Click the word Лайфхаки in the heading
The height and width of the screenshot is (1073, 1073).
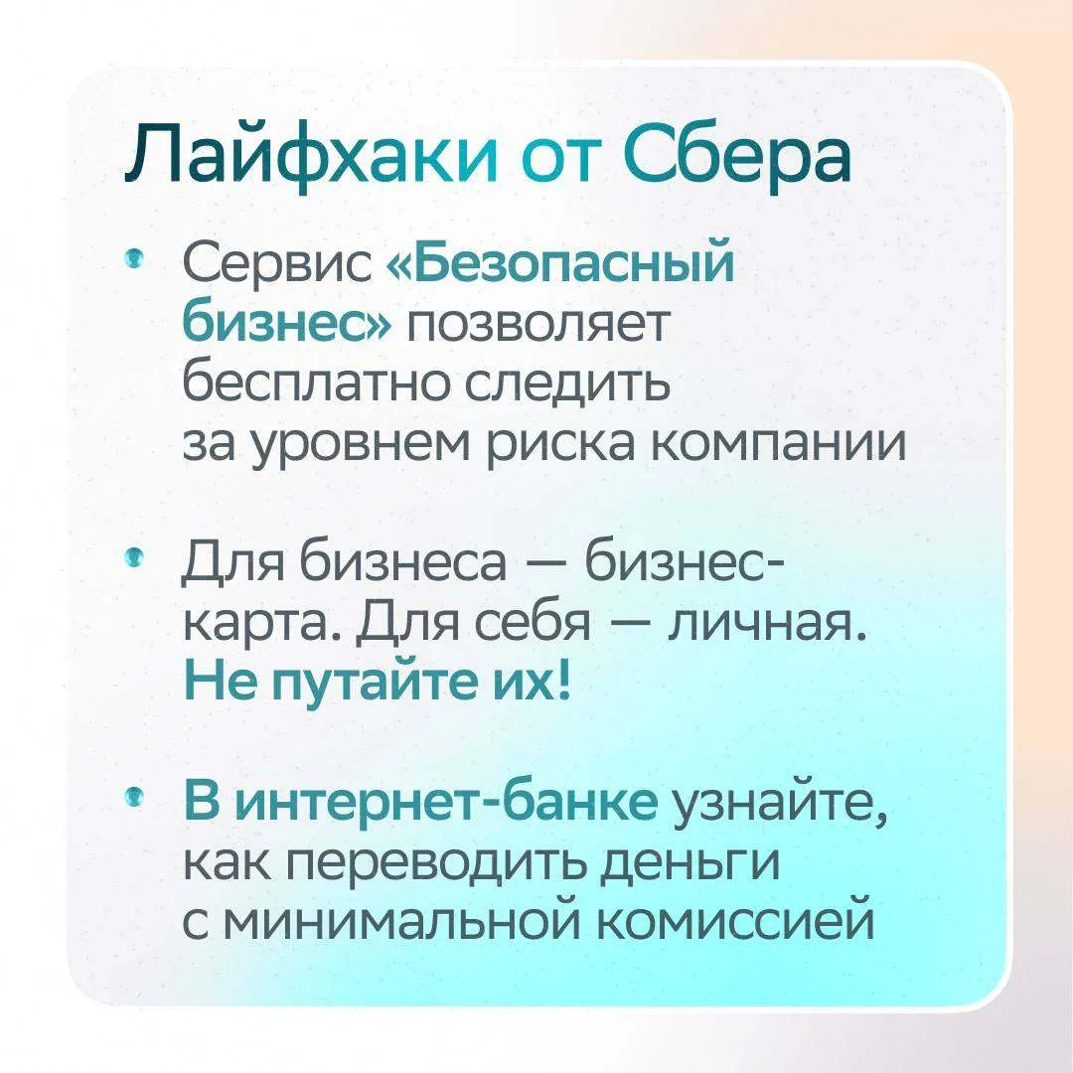pos(312,157)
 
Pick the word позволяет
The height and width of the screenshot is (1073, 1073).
pos(536,324)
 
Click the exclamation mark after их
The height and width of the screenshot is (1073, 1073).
pos(564,681)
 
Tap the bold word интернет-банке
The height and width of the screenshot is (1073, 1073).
pos(447,798)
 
